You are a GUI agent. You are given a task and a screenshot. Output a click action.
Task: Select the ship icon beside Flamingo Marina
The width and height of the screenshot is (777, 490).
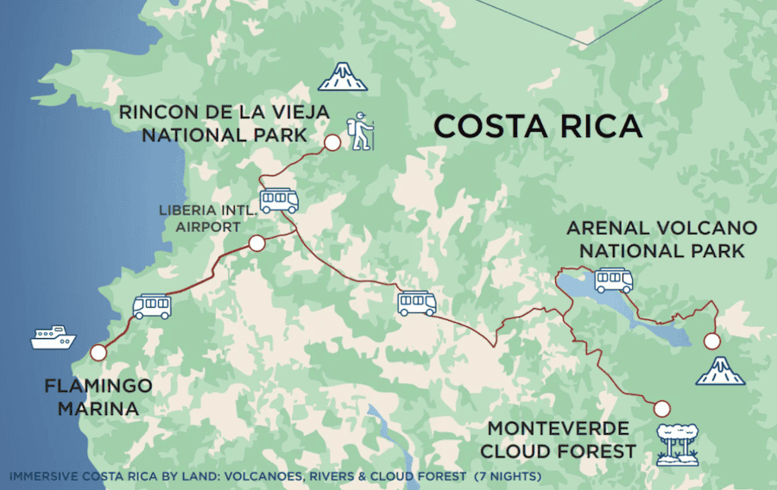click(54, 336)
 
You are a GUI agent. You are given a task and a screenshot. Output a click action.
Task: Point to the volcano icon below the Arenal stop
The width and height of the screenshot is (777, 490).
click(720, 371)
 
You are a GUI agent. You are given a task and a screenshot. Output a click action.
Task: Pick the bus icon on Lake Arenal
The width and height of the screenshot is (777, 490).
click(614, 280)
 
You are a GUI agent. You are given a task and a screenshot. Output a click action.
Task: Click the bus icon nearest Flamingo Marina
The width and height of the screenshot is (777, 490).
click(152, 306)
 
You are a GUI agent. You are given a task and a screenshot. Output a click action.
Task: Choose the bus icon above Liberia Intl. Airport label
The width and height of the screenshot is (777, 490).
click(279, 200)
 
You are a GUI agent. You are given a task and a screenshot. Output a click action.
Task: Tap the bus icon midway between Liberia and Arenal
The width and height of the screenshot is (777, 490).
click(416, 303)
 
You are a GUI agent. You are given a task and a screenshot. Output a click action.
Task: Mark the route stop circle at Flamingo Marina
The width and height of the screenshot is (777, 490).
click(98, 352)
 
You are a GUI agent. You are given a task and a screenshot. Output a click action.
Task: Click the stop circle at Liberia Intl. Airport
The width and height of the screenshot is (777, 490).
click(256, 243)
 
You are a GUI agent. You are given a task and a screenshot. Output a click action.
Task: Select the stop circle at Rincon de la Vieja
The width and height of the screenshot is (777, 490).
click(330, 143)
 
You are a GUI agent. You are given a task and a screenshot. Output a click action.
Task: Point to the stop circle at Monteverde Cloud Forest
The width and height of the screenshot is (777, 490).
click(662, 409)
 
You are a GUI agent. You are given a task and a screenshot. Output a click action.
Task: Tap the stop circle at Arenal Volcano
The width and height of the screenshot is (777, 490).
click(712, 341)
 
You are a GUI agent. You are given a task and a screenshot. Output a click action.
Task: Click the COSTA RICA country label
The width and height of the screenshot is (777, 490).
click(538, 126)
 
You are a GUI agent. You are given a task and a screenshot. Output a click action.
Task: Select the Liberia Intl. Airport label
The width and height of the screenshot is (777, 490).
click(199, 219)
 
